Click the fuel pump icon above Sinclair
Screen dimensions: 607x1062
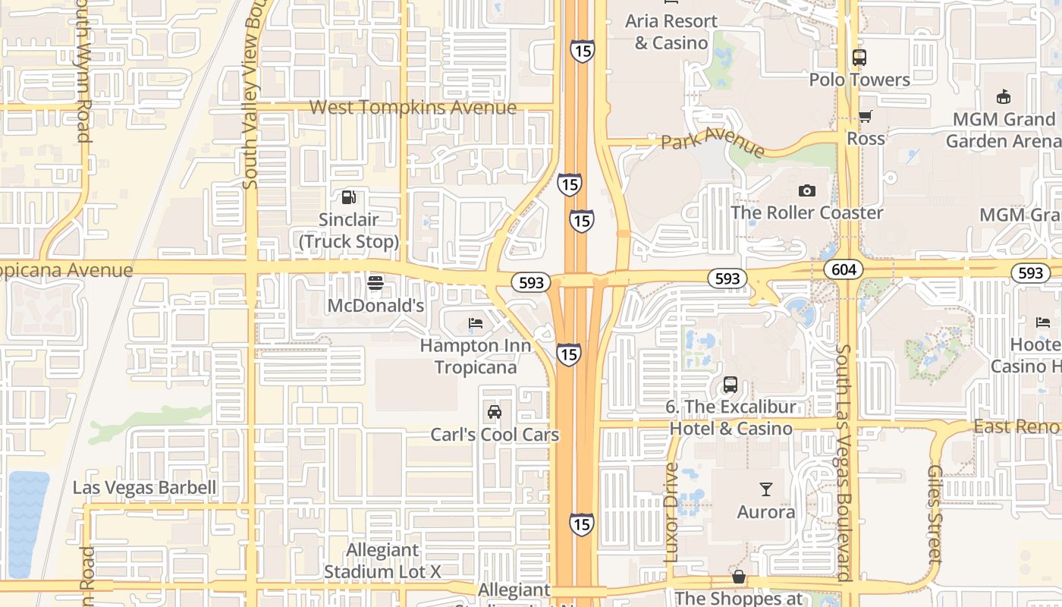pos(348,197)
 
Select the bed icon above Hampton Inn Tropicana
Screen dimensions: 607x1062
pos(476,323)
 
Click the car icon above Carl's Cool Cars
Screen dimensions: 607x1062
pos(495,412)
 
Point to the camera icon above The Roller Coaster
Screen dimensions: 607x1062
pos(806,190)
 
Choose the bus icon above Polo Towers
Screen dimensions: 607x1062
pos(859,58)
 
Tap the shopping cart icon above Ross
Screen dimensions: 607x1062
pos(865,117)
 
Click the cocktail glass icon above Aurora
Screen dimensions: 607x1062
pos(766,489)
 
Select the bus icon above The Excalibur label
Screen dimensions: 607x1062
pos(731,385)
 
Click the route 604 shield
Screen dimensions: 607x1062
pos(844,269)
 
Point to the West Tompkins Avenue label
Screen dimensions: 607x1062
pos(413,108)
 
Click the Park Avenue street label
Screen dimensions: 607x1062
pos(712,142)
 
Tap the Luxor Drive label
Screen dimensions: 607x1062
pos(671,513)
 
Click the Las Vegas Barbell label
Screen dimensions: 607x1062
pos(145,487)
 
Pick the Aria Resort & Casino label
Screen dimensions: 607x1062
pos(671,32)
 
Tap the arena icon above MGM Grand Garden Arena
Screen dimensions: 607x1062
pos(1004,97)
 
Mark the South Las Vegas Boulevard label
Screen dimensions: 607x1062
pos(843,463)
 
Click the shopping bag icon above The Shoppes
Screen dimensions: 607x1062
pos(738,577)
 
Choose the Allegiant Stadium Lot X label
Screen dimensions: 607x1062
pos(382,561)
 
